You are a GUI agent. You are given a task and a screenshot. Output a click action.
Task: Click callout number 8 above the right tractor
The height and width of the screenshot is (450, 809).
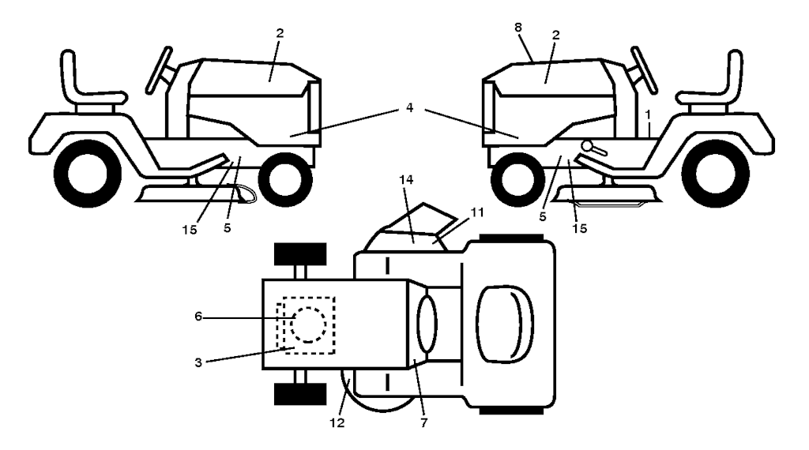[518, 28]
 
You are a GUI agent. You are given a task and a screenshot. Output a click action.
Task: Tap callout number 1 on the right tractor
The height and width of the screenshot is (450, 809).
[648, 113]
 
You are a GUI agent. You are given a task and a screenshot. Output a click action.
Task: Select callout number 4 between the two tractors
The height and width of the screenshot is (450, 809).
[410, 108]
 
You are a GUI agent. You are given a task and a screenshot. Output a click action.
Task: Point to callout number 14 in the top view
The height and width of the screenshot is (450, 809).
[407, 179]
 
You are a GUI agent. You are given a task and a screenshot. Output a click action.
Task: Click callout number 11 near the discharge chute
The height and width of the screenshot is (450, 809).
[478, 212]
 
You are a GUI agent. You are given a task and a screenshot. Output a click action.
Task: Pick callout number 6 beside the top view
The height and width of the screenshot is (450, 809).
[198, 317]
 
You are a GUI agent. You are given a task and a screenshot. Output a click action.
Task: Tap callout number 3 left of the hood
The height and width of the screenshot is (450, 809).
[198, 362]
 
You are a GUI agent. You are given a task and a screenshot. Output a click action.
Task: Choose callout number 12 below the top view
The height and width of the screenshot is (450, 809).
[337, 422]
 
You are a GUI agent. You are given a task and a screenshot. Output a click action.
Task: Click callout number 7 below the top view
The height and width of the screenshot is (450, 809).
[424, 422]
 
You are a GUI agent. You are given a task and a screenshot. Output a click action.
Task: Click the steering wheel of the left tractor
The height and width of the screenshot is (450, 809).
[160, 69]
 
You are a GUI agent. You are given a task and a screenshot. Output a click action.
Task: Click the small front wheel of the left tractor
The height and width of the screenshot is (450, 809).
[285, 179]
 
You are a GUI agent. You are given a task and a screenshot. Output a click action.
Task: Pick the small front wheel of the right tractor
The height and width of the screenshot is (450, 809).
[518, 179]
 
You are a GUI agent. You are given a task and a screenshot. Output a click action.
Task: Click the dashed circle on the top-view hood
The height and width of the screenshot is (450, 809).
[308, 324]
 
